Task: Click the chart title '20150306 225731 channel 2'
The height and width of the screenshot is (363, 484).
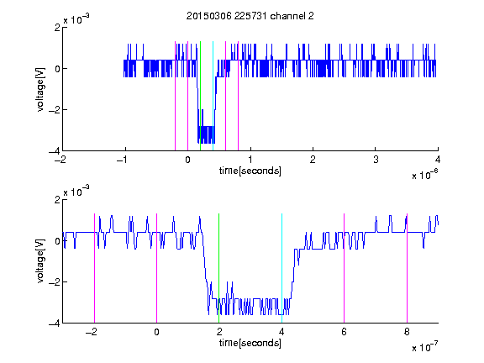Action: (x=250, y=16)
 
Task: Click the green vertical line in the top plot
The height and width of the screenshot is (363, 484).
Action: (x=200, y=96)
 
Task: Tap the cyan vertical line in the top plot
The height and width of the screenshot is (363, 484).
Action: (x=213, y=96)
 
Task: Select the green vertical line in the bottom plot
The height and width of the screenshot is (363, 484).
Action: (x=218, y=268)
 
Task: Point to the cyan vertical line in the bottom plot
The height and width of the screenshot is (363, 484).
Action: (x=281, y=268)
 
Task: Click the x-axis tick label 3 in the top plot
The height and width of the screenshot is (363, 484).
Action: (x=376, y=160)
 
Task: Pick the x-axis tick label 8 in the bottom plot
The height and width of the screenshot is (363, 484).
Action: (x=407, y=332)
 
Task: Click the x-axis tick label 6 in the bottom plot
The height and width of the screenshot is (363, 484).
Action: (x=345, y=332)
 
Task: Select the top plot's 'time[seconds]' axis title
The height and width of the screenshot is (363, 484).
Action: (x=250, y=171)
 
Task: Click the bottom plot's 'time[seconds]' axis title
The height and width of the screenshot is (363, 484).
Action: (x=250, y=343)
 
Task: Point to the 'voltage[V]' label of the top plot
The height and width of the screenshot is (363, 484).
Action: (x=40, y=90)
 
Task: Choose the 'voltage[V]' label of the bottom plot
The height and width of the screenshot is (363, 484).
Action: (x=40, y=261)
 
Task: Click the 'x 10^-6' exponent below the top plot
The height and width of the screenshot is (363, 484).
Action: (x=424, y=175)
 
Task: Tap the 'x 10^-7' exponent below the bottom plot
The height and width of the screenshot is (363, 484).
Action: (x=424, y=347)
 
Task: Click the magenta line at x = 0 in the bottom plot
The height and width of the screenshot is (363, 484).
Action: (x=156, y=268)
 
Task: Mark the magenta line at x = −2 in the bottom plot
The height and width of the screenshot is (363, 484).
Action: (x=94, y=268)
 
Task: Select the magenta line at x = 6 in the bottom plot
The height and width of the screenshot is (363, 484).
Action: (x=345, y=268)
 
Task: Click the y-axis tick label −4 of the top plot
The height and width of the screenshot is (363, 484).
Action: (x=54, y=151)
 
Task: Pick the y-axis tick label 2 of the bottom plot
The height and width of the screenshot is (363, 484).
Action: (x=57, y=200)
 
